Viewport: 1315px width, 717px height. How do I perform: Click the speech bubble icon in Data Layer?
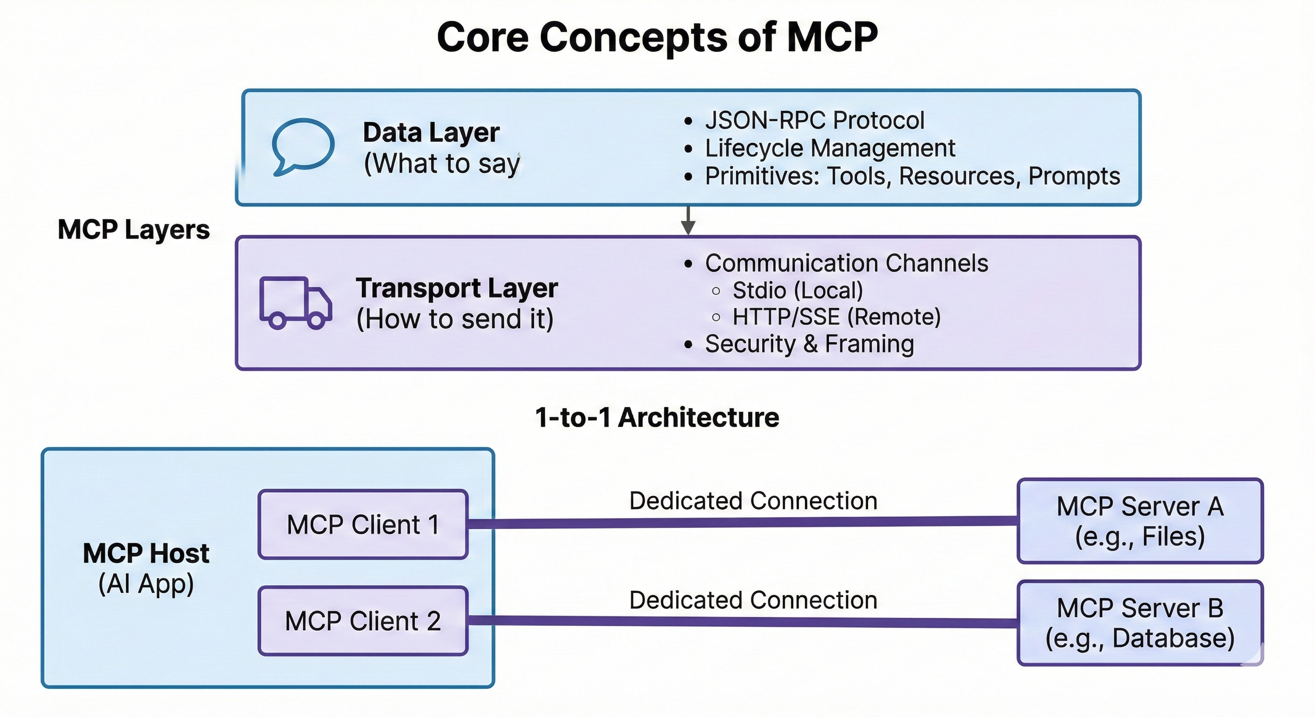tap(303, 146)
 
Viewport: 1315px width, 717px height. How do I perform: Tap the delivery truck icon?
tap(296, 302)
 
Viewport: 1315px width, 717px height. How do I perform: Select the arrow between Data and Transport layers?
tap(688, 220)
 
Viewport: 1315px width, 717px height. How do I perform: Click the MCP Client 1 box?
tap(363, 525)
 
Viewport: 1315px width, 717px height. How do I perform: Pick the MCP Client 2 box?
tap(363, 621)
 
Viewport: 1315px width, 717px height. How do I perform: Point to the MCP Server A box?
tap(1140, 521)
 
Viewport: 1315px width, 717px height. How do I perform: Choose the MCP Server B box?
tap(1140, 623)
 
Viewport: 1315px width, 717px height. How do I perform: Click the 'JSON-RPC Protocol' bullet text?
tap(814, 120)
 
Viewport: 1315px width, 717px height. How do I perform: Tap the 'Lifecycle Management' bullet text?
tap(829, 148)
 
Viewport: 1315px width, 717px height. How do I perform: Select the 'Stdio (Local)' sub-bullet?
tap(798, 290)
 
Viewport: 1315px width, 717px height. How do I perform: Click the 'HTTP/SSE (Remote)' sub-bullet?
tap(836, 317)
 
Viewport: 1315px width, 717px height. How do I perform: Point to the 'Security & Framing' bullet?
tap(809, 344)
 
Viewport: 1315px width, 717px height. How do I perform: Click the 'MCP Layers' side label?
tap(134, 230)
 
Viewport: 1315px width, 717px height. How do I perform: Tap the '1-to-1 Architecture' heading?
tap(657, 417)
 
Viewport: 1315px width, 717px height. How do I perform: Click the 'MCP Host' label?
tap(146, 554)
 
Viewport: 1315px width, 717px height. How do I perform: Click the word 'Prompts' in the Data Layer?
tap(1074, 176)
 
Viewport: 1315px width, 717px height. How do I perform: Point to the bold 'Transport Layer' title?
tap(456, 288)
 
